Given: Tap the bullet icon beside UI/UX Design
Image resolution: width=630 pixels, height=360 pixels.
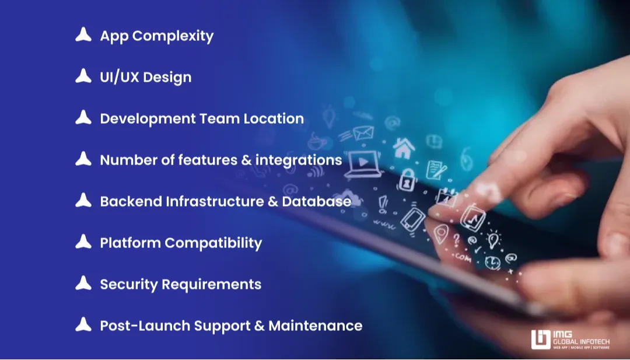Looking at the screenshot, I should pyautogui.click(x=83, y=76).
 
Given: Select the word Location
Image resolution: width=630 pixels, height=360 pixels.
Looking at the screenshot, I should pyautogui.click(x=274, y=118).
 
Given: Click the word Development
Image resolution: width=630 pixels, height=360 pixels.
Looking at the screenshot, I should pyautogui.click(x=148, y=118).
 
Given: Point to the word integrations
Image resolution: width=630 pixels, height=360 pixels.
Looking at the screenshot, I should pyautogui.click(x=299, y=160).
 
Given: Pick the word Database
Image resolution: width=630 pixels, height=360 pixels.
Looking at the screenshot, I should pyautogui.click(x=317, y=201).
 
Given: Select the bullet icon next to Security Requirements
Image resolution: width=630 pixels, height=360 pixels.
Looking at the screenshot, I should pyautogui.click(x=83, y=284).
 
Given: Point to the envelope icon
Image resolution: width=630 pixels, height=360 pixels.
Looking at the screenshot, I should pyautogui.click(x=362, y=134).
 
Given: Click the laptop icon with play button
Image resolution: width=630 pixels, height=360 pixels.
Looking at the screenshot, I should pyautogui.click(x=363, y=165).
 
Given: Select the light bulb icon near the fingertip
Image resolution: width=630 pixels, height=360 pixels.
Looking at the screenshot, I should pyautogui.click(x=494, y=239).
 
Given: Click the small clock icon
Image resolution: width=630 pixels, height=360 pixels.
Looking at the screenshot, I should pyautogui.click(x=492, y=262).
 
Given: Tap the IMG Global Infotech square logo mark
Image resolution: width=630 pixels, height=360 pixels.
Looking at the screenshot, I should pyautogui.click(x=541, y=339).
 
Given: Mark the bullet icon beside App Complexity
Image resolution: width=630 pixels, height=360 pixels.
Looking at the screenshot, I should pyautogui.click(x=83, y=35).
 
